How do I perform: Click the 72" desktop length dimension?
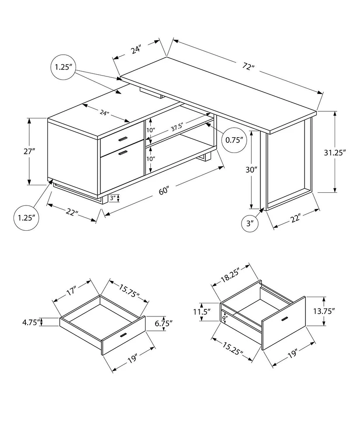click(249, 67)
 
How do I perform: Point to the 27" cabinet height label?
click(30, 151)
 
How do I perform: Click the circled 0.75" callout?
click(234, 140)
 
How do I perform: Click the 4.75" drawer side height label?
click(31, 322)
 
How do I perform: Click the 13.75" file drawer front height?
click(324, 311)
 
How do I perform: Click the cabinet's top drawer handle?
click(122, 139)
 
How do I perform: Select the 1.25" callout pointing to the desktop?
click(64, 67)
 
